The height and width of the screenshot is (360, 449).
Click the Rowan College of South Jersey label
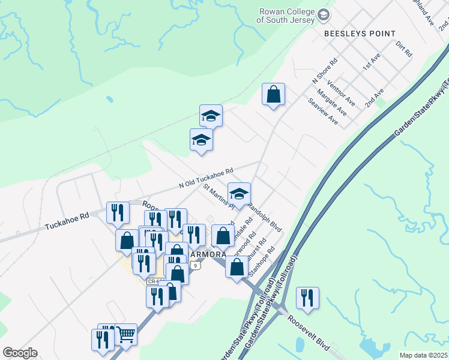285,16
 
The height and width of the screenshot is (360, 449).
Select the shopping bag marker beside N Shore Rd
273,95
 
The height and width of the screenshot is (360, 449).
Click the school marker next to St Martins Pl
239,194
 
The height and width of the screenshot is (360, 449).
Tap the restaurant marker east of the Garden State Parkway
307,298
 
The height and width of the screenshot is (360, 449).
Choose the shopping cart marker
125,334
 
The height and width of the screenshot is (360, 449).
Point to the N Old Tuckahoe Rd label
205,178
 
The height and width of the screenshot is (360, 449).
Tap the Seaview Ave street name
323,112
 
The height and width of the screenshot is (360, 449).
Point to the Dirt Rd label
404,49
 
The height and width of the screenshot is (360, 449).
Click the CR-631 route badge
155,281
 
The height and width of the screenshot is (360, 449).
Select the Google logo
20,353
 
